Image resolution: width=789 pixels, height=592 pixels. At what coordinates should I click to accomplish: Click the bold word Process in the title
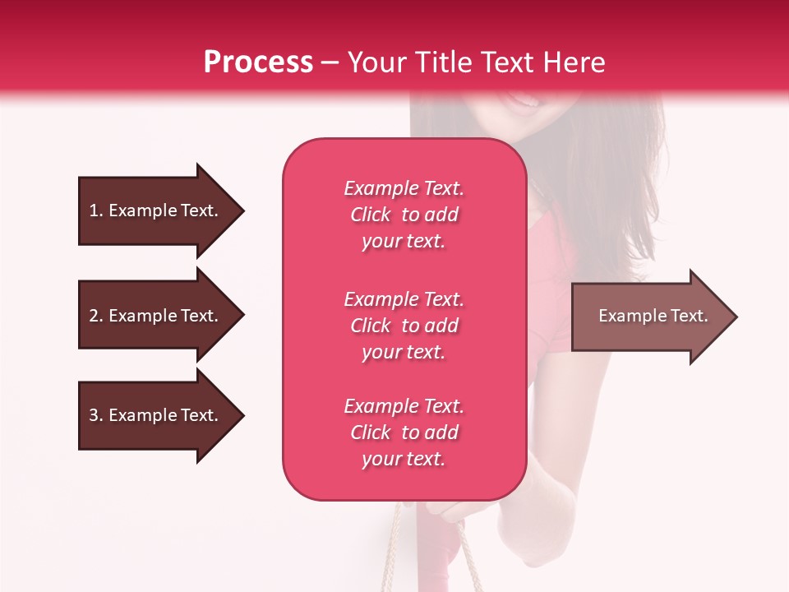click(258, 62)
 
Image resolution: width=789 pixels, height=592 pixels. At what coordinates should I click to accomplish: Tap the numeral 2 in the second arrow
click(94, 316)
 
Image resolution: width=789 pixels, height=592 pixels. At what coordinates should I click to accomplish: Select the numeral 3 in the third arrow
click(94, 415)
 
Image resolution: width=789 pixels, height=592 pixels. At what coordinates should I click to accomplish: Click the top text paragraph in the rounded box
click(404, 215)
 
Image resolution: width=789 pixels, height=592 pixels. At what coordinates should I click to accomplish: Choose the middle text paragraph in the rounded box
click(404, 326)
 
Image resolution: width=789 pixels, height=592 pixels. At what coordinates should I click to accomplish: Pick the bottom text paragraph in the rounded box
click(404, 432)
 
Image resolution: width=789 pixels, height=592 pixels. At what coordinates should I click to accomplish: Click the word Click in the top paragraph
click(371, 215)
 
